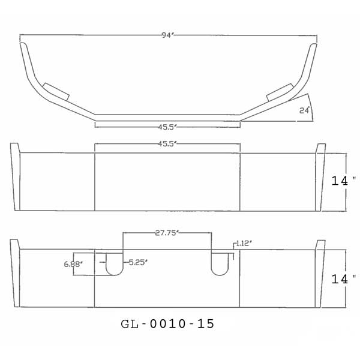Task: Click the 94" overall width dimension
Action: (x=167, y=36)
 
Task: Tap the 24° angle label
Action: (x=304, y=110)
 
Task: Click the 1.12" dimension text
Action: (x=244, y=243)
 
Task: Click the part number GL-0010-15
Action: (x=167, y=323)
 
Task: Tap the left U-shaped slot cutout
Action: (x=114, y=264)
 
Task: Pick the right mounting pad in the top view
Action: (x=278, y=91)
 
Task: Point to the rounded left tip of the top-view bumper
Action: (x=23, y=45)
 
